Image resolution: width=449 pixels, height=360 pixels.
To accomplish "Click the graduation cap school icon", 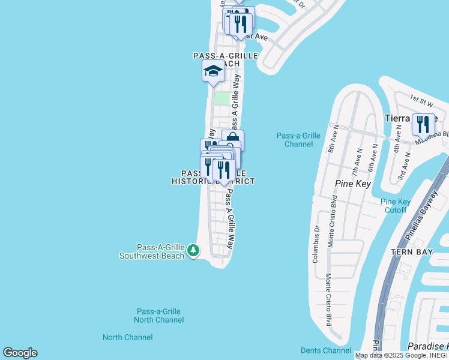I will click(x=212, y=72).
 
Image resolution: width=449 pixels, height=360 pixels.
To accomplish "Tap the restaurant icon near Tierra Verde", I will click(x=423, y=125).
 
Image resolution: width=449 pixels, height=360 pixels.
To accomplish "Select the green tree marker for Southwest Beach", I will click(x=193, y=250).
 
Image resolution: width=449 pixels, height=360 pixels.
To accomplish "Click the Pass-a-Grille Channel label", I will click(x=298, y=140).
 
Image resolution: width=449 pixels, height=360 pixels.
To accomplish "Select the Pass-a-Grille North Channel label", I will click(x=158, y=316).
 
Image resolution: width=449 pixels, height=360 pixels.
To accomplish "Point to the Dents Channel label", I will click(x=325, y=350).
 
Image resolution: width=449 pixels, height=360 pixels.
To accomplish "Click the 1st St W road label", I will click(x=421, y=97).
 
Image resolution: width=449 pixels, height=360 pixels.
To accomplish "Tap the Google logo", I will click(x=20, y=353).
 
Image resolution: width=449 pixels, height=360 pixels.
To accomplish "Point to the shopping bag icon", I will click(x=233, y=139).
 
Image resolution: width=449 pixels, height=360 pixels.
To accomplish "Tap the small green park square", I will click(x=222, y=98).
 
